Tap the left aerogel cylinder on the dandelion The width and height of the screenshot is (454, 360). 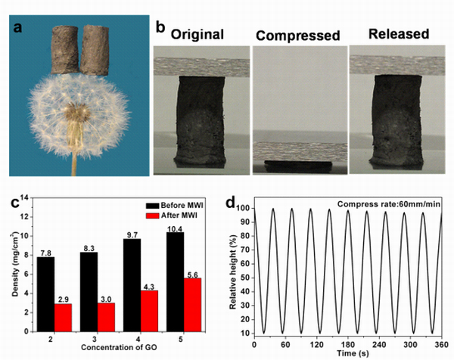[x=64, y=50]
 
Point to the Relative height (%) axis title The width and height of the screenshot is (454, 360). [x=235, y=268]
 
